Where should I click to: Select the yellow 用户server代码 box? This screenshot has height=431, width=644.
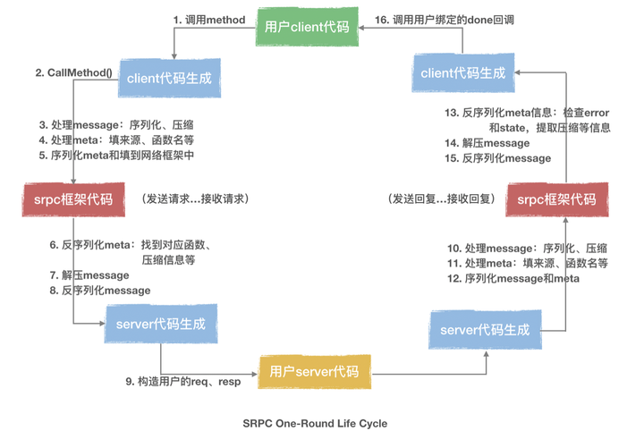(x=314, y=370)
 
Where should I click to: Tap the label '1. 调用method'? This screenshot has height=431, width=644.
(x=209, y=20)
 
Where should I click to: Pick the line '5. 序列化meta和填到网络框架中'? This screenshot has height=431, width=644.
(x=116, y=155)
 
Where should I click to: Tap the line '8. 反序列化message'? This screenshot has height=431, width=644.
(x=99, y=291)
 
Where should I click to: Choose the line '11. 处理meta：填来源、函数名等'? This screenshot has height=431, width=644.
(x=527, y=263)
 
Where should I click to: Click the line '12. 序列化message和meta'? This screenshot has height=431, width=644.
(x=513, y=278)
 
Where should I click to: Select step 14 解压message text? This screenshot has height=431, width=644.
(x=487, y=143)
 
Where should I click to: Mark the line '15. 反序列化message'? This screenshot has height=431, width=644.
(x=496, y=158)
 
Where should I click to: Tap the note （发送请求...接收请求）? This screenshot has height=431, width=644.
(x=194, y=199)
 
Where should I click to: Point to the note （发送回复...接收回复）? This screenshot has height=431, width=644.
(x=441, y=199)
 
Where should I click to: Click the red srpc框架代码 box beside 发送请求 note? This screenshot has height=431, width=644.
(x=68, y=199)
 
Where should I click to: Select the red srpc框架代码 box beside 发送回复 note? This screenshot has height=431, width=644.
(x=556, y=199)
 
